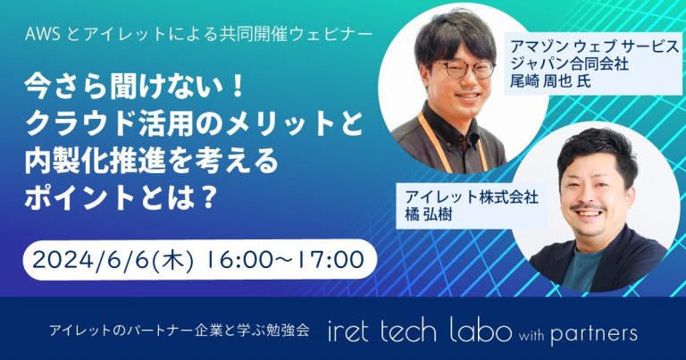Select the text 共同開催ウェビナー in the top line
[295, 38]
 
